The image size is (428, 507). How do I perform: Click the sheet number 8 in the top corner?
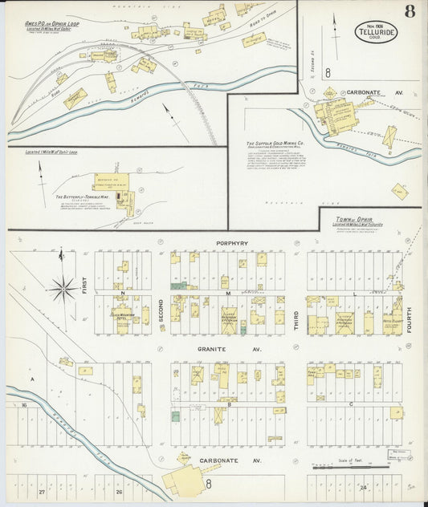pos(410,11)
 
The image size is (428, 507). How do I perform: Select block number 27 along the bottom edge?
pos(41,490)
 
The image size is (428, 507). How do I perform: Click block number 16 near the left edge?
pos(25,406)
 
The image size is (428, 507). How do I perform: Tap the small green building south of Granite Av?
pos(175,416)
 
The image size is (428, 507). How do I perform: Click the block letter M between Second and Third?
pos(227,294)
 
